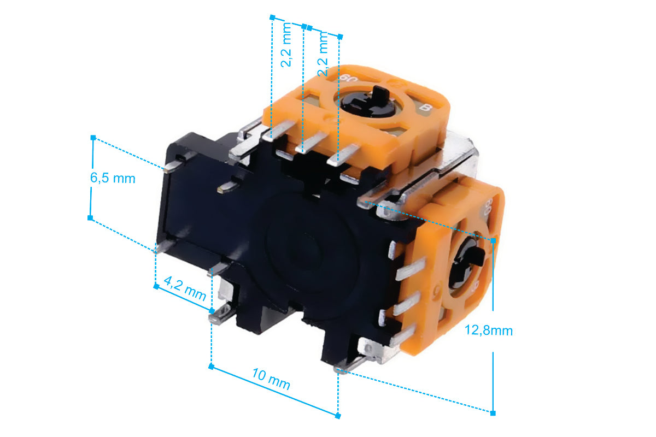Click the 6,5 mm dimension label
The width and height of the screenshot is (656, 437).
coord(113,178)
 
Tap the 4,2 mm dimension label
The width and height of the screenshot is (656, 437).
coord(185,289)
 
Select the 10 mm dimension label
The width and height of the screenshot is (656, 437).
coord(271,379)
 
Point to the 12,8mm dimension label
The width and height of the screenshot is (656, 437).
coord(489,331)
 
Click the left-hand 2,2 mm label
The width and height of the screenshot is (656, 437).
coord(286,45)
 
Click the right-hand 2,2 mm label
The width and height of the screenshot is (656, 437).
coord(323,54)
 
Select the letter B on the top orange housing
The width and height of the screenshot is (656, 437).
coord(425,108)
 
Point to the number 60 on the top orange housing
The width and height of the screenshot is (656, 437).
coord(349,79)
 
